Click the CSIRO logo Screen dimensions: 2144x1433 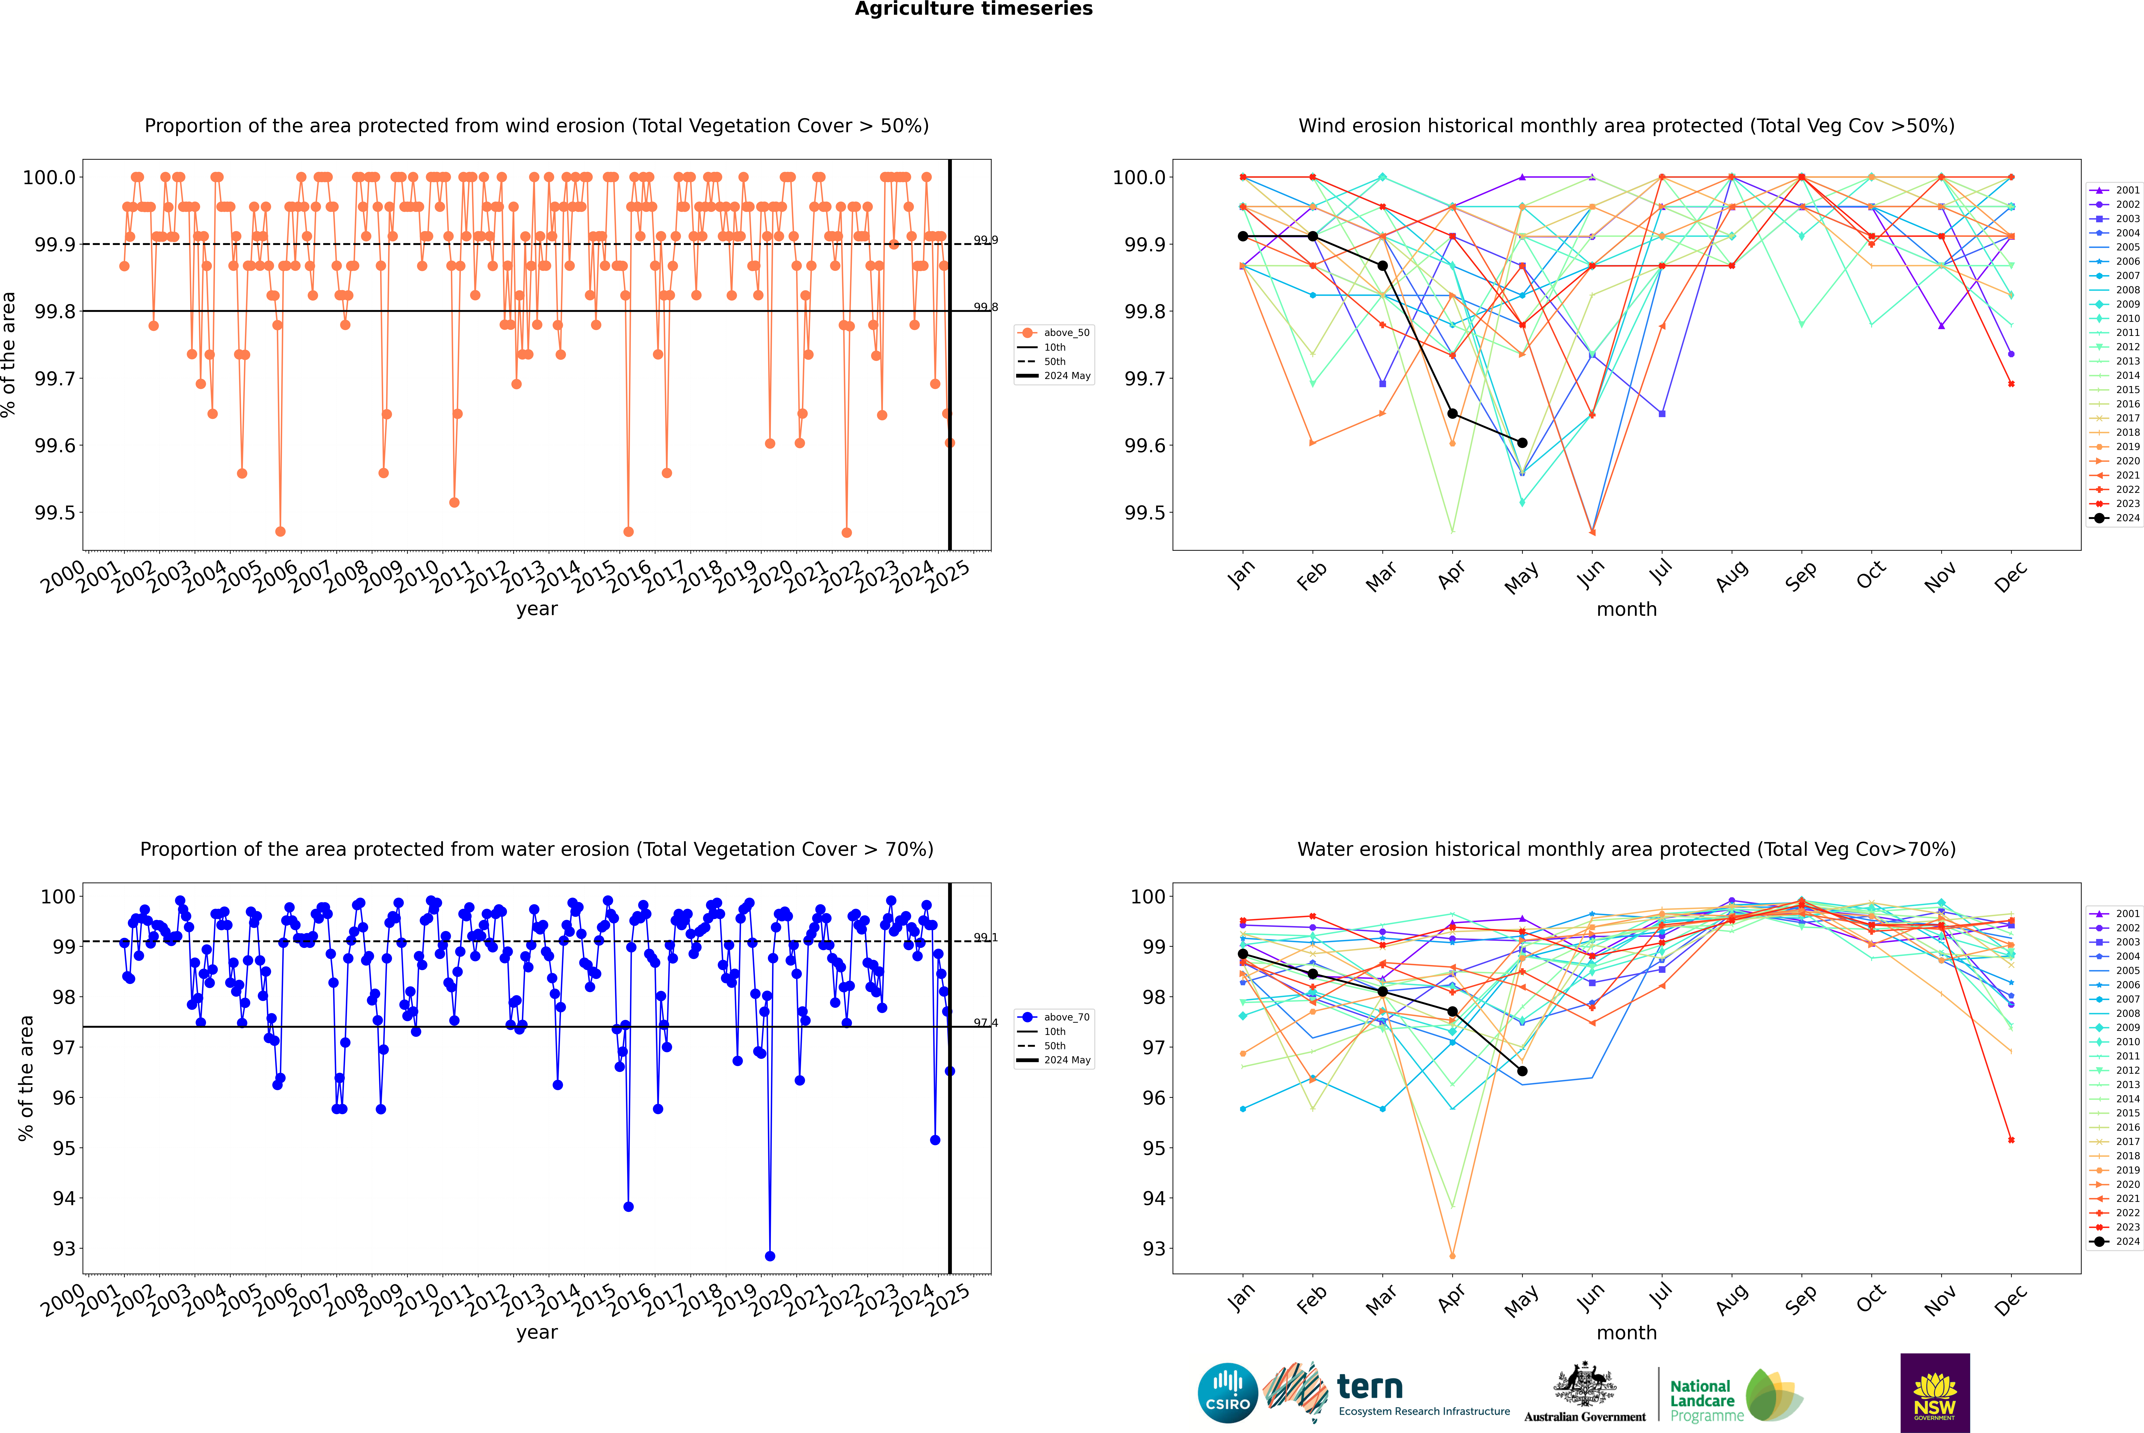pos(1227,1393)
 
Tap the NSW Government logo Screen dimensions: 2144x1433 pos(1935,1393)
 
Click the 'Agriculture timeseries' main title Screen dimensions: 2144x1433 pos(973,9)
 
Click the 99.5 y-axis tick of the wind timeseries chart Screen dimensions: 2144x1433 pos(55,513)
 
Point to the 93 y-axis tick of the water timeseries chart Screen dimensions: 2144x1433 pos(64,1248)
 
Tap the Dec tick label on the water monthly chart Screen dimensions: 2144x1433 pos(2010,1301)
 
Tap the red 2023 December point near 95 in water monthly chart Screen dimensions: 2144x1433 pos(2011,1140)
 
